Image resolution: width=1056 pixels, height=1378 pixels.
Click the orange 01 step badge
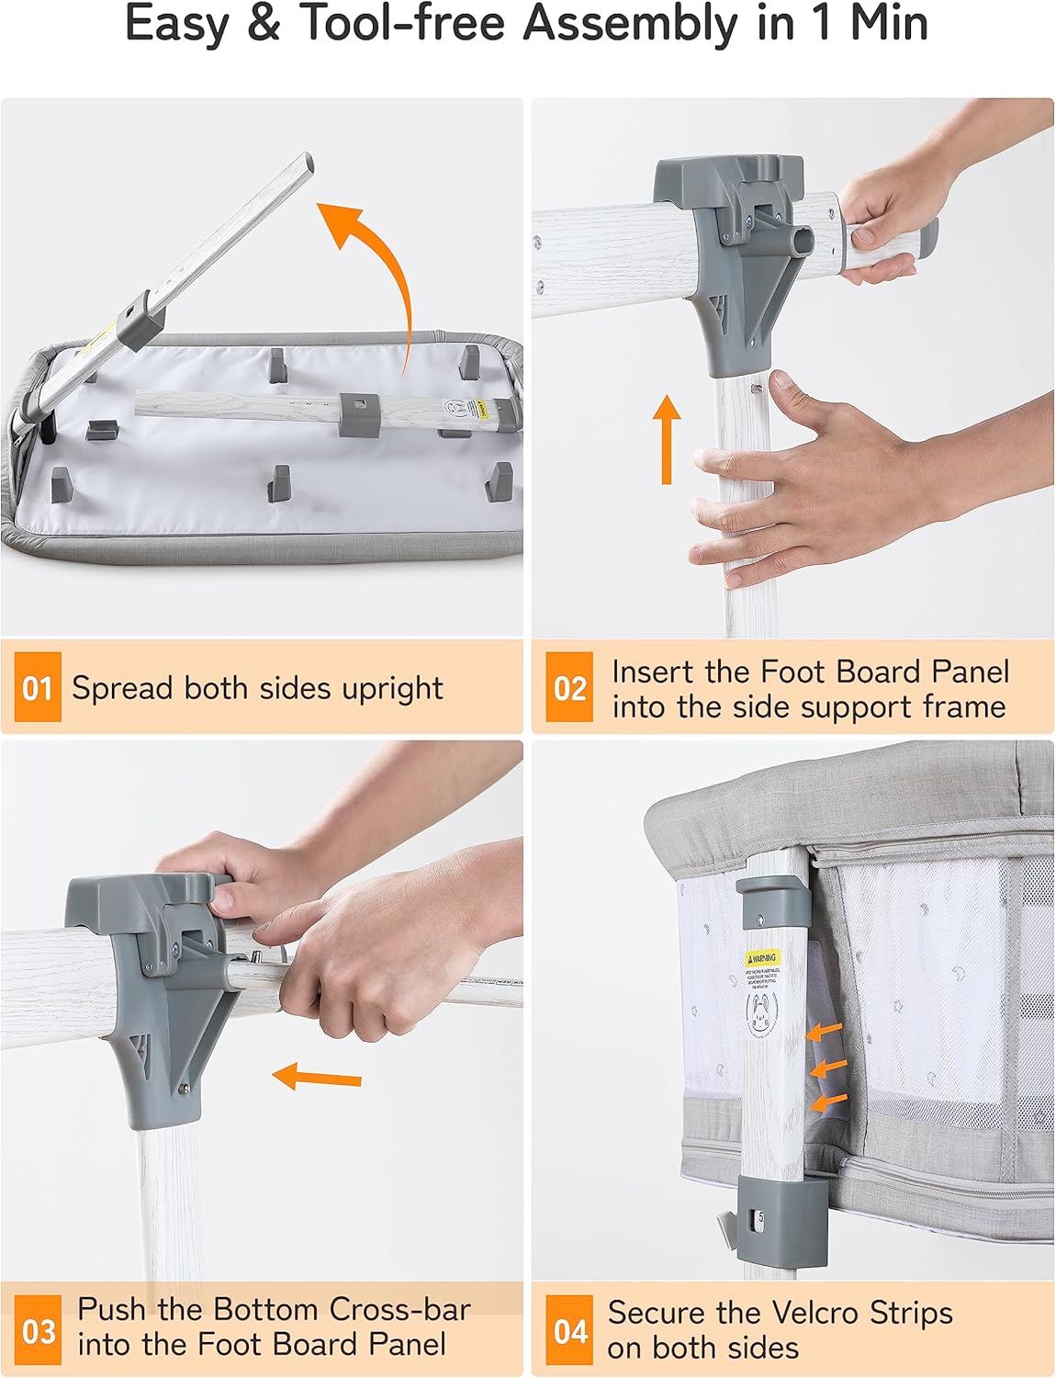tap(38, 687)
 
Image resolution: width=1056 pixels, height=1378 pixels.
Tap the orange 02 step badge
tap(569, 687)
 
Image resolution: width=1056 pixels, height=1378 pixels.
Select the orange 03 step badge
tap(38, 1329)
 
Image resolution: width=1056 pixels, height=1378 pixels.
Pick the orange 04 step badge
tap(569, 1329)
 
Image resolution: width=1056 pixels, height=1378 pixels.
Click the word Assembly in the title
tap(629, 25)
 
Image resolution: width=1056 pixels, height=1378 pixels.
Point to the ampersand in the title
tap(264, 25)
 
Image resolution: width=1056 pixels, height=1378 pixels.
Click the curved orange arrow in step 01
tap(376, 266)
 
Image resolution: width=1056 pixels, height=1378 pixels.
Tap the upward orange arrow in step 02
tap(668, 438)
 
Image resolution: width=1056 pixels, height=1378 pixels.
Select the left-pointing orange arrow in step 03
tap(317, 1076)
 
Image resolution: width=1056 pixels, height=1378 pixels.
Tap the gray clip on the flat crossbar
tap(359, 414)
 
